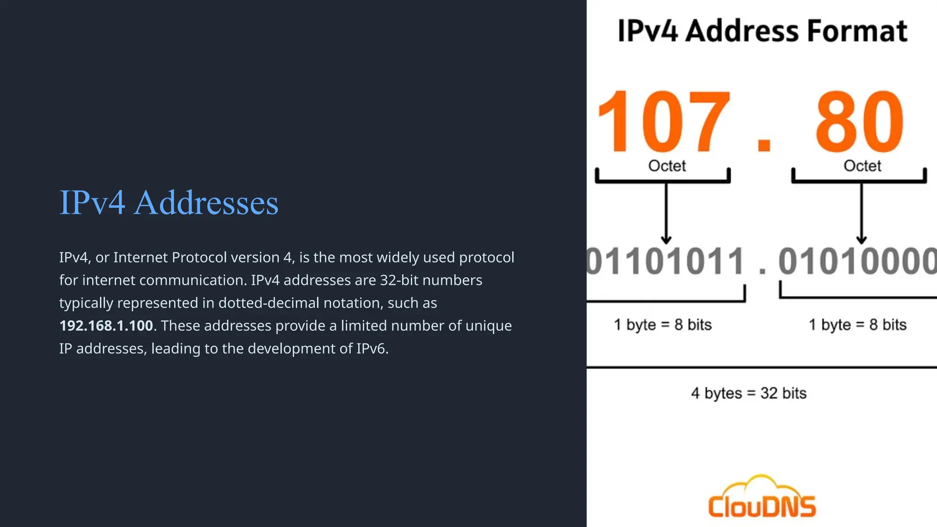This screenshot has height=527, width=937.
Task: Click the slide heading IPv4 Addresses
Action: (169, 203)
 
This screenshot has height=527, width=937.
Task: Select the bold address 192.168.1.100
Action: (106, 326)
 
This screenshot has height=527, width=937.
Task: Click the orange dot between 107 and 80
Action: (764, 143)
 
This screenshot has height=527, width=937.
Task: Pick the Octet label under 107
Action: (667, 166)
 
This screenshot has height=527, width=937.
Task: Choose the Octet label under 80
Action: (862, 166)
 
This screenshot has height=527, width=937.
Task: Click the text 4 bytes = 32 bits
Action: (749, 393)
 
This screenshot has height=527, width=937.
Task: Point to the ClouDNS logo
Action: (762, 498)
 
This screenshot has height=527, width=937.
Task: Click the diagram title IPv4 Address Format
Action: (762, 31)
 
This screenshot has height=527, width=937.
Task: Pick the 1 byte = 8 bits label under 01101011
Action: (662, 325)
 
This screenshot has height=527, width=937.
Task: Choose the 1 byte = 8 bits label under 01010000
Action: (857, 325)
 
